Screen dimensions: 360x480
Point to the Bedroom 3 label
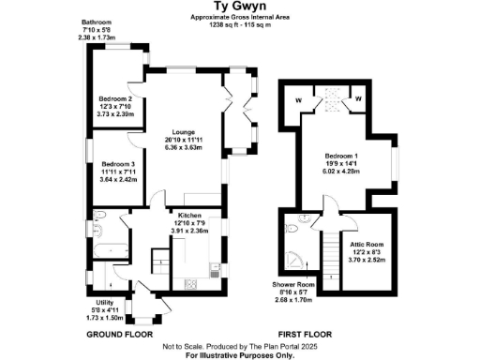pos(117,162)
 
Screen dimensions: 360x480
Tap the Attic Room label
pos(368,243)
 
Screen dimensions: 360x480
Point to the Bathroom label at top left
pos(98,22)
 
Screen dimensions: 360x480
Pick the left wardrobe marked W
pos(298,97)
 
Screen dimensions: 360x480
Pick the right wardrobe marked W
pos(359,97)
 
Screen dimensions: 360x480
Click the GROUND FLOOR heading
pos(120,334)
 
